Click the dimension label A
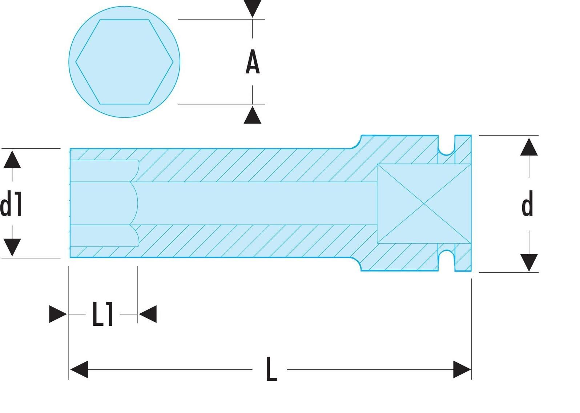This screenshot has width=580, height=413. pyautogui.click(x=253, y=62)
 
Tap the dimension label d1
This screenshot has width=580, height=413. pyautogui.click(x=11, y=203)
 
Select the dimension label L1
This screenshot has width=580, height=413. pyautogui.click(x=102, y=314)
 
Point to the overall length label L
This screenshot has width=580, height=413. pyautogui.click(x=271, y=369)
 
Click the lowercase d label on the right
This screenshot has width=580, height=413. pyautogui.click(x=527, y=203)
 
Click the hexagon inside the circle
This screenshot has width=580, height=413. pyautogui.click(x=124, y=62)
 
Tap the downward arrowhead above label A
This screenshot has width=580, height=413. pyautogui.click(x=253, y=9)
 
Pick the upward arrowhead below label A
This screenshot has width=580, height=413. pyautogui.click(x=253, y=115)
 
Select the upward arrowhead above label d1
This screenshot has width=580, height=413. pyautogui.click(x=12, y=160)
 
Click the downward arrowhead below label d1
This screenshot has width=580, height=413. pyautogui.click(x=12, y=248)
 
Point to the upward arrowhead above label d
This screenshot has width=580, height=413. pyautogui.click(x=529, y=147)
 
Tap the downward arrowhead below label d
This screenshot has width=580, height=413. pyautogui.click(x=529, y=263)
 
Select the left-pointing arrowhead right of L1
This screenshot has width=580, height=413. pyautogui.click(x=148, y=314)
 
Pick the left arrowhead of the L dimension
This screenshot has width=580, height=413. pyautogui.click(x=79, y=369)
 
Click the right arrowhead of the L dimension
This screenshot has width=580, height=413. pyautogui.click(x=462, y=369)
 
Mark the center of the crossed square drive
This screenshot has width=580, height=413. pyautogui.click(x=424, y=204)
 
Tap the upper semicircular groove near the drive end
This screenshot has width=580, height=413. pyautogui.click(x=446, y=151)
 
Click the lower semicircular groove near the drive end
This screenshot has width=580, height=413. pyautogui.click(x=446, y=254)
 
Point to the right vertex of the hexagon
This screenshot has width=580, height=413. pyautogui.click(x=173, y=62)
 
